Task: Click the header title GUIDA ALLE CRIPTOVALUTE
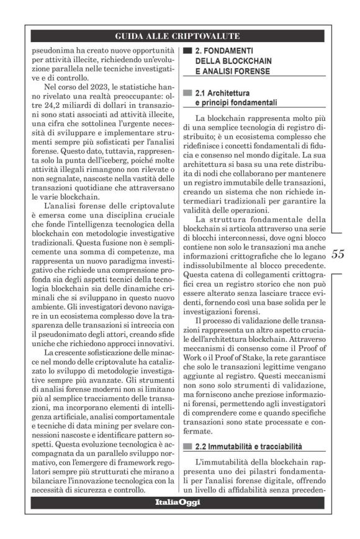179,36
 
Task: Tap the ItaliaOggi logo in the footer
179,501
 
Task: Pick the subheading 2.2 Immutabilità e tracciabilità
248,445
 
